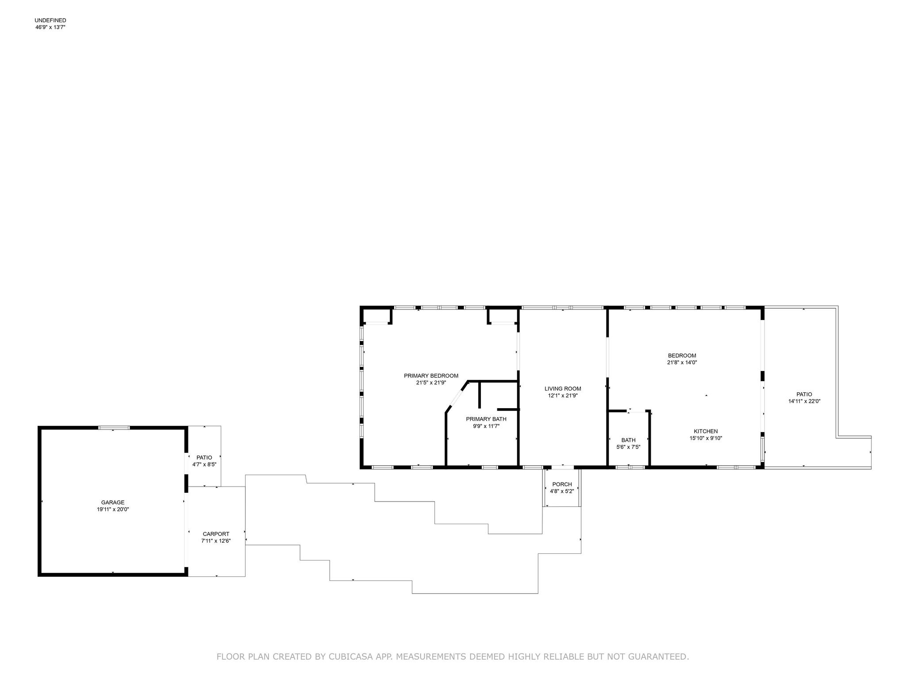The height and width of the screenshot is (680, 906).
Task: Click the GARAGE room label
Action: (113, 502)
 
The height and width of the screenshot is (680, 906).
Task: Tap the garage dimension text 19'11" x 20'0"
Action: (113, 510)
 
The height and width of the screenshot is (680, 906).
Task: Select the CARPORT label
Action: (216, 534)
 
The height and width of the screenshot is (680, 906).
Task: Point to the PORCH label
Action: (562, 484)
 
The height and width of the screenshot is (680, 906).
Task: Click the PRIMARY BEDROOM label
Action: (431, 376)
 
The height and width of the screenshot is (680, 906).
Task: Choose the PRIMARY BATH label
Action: (486, 419)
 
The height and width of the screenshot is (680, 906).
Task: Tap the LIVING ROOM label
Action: (563, 389)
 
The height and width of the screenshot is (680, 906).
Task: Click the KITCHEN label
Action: (706, 431)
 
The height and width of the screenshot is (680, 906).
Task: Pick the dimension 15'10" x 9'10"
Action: (706, 438)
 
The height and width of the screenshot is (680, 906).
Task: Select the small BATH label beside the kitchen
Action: (628, 440)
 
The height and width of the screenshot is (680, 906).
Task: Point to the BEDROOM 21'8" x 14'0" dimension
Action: (682, 362)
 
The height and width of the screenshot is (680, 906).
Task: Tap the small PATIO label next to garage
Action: (204, 457)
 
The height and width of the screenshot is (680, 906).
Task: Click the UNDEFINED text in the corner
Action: (50, 20)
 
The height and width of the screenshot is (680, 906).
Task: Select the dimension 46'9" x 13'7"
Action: (50, 27)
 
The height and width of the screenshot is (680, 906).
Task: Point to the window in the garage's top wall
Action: (114, 428)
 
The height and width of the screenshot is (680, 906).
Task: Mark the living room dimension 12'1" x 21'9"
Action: (563, 396)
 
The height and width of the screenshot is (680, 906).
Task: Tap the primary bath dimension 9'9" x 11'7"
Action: (486, 426)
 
